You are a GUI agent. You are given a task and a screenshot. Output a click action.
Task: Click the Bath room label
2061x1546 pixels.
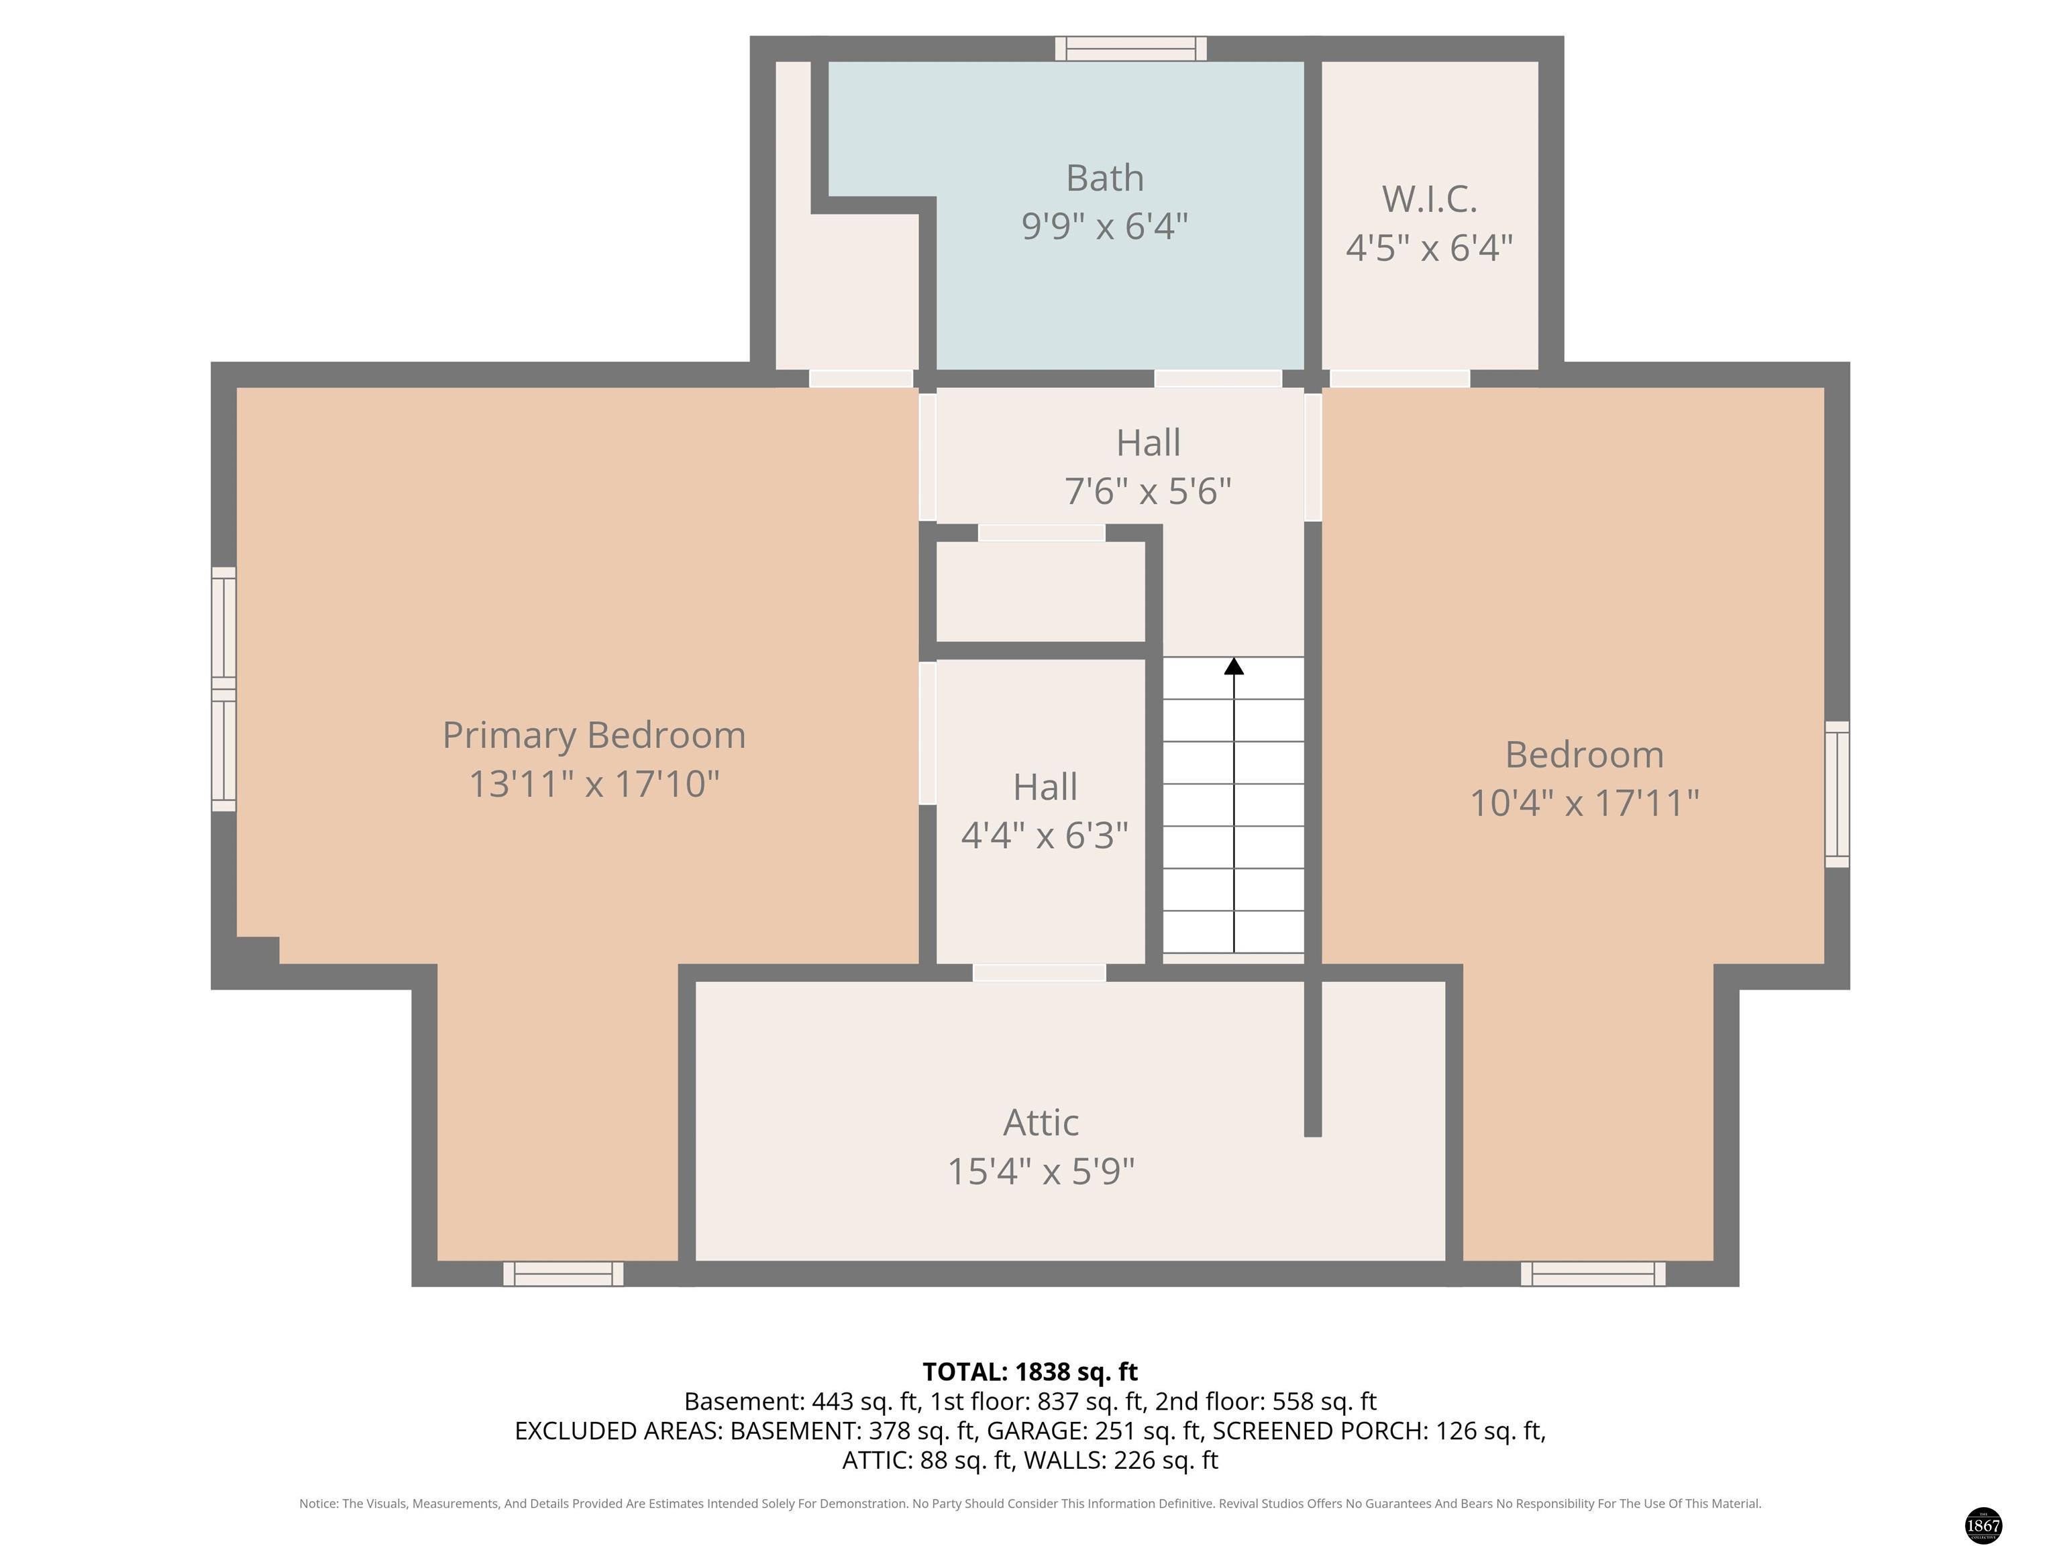click(x=1104, y=178)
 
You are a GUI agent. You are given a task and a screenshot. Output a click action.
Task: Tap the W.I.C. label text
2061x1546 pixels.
click(x=1429, y=199)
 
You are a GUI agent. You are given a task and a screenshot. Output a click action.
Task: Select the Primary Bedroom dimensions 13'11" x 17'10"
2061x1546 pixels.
click(x=594, y=784)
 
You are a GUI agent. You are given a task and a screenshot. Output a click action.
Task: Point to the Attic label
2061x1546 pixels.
click(x=1041, y=1123)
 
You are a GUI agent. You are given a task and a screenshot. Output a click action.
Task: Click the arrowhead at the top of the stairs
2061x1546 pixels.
click(x=1234, y=666)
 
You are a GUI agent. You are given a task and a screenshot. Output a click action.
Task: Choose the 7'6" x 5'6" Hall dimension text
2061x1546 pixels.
click(x=1148, y=491)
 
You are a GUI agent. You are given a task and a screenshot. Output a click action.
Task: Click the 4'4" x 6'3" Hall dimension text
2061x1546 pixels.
click(x=1045, y=836)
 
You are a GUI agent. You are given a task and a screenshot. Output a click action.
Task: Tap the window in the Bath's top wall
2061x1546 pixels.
click(x=1131, y=48)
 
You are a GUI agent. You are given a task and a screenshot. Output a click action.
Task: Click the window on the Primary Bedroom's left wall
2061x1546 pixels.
click(x=223, y=688)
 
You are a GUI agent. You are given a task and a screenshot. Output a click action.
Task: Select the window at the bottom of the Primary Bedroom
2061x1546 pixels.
click(x=564, y=1274)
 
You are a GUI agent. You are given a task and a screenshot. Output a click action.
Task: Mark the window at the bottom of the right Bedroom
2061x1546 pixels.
click(x=1593, y=1274)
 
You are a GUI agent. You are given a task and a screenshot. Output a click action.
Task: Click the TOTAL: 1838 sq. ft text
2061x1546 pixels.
click(x=1030, y=1372)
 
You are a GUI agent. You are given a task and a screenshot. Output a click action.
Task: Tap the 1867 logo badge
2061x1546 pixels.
click(x=1983, y=1525)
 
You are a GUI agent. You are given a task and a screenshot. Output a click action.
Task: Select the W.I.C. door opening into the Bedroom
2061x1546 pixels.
click(x=1399, y=378)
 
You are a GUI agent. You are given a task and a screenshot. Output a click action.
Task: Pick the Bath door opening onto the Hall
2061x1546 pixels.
click(x=1219, y=378)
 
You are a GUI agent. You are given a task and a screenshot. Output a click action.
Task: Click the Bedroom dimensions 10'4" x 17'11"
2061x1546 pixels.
click(x=1584, y=803)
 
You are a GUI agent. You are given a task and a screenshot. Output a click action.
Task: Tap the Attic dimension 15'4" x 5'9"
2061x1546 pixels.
click(x=1041, y=1172)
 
